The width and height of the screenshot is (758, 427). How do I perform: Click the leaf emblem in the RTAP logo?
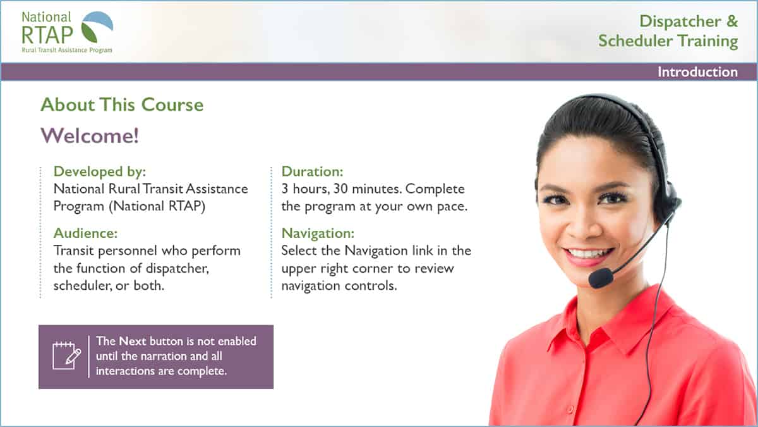[x=97, y=27]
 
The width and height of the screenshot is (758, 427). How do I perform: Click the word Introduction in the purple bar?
[x=697, y=72]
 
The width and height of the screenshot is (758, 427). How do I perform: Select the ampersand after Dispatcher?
[x=731, y=21]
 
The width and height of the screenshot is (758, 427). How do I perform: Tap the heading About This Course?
[x=122, y=104]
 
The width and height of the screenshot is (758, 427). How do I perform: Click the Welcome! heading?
[x=90, y=135]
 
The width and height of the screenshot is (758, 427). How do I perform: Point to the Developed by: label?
[x=100, y=171]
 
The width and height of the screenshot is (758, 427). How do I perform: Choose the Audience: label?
[x=85, y=233]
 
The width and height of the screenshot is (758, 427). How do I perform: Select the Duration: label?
[x=312, y=171]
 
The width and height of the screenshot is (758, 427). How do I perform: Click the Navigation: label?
[x=318, y=233]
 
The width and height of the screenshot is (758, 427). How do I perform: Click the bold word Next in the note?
[x=132, y=341]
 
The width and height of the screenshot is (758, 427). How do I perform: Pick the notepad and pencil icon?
[x=67, y=356]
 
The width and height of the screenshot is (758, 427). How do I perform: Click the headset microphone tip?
[x=601, y=278]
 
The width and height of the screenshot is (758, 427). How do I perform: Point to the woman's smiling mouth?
[x=588, y=255]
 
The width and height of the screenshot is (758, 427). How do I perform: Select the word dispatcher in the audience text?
[x=177, y=268]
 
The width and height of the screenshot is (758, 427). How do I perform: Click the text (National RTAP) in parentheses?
[x=157, y=206]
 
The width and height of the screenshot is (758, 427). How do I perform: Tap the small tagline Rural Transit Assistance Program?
[x=67, y=50]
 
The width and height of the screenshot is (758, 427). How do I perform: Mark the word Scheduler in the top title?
[x=635, y=40]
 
